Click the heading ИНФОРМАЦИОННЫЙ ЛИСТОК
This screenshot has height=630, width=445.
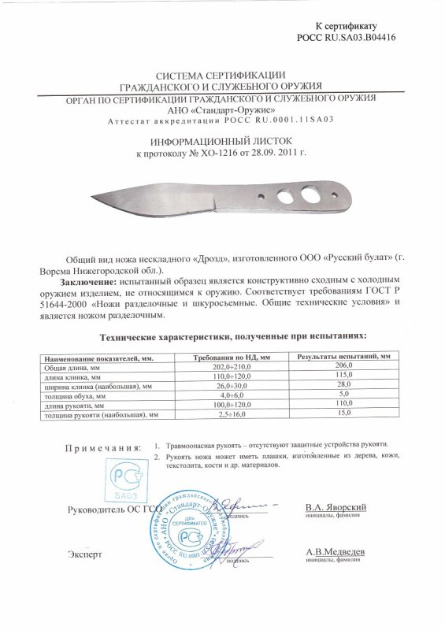tap(222, 135)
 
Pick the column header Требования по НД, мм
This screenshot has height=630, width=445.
tap(232, 357)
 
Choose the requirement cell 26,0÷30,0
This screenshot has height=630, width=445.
tap(232, 386)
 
